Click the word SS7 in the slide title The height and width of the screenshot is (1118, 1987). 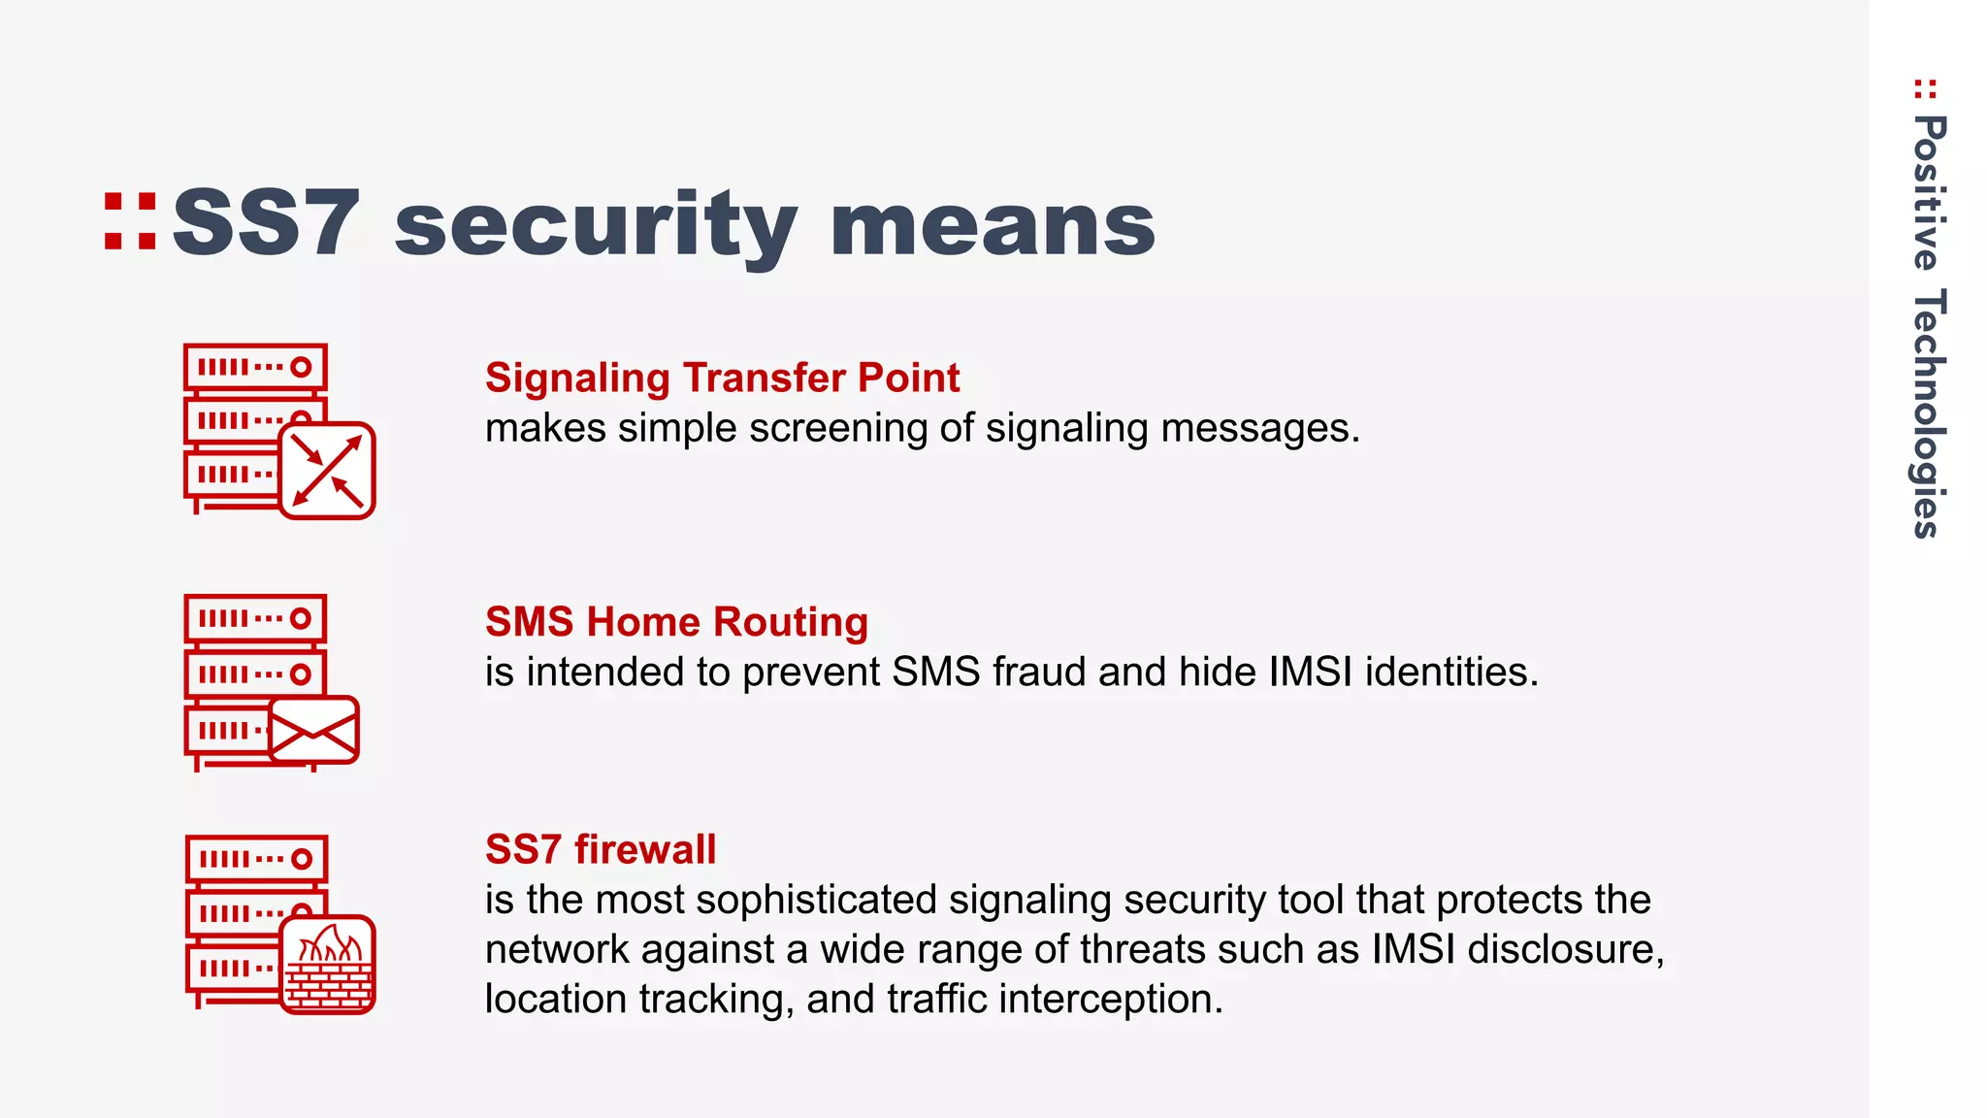[x=266, y=224]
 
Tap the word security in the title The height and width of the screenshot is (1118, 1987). [x=596, y=226]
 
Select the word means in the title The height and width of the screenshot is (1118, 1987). [x=993, y=226]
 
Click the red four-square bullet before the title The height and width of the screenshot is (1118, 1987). [x=130, y=222]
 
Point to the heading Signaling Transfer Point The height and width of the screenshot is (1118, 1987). [x=722, y=378]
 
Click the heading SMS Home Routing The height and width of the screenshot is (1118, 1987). [x=676, y=621]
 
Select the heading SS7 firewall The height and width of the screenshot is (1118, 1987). [x=601, y=849]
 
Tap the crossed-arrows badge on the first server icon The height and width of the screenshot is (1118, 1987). [x=327, y=471]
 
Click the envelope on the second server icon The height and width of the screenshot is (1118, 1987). [x=313, y=730]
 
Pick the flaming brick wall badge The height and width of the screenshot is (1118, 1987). [x=327, y=965]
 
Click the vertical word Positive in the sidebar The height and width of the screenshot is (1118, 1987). [x=1928, y=192]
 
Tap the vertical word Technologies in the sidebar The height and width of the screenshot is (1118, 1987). [x=1928, y=412]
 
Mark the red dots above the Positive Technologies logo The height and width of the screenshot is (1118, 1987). [x=1925, y=89]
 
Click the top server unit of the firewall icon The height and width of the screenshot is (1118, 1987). [x=256, y=859]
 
